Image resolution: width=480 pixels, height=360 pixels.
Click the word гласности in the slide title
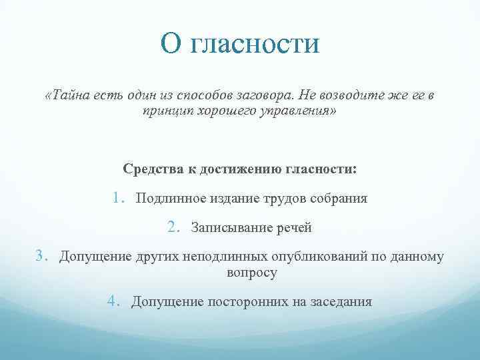(256, 45)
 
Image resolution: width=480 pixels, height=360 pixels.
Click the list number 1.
(118, 198)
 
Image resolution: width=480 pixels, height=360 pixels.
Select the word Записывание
(230, 228)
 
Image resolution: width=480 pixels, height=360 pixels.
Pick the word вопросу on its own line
(251, 272)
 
